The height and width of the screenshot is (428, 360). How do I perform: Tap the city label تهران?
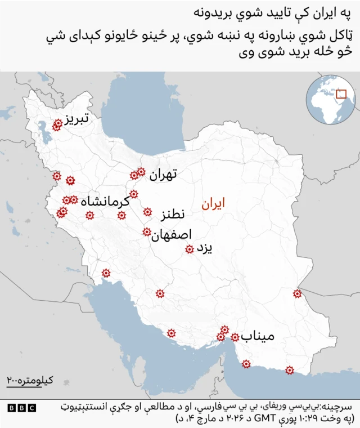[164, 175]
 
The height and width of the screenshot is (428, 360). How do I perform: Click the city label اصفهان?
[172, 235]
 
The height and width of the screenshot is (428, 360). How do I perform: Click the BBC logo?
[21, 408]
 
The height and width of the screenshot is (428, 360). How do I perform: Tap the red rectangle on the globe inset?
[341, 95]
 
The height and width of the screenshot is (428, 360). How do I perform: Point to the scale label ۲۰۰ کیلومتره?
[29, 381]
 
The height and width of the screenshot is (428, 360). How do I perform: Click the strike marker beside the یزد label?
[190, 249]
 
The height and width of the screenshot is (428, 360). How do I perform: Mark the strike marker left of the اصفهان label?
[147, 232]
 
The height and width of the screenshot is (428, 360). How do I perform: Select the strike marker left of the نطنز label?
[147, 212]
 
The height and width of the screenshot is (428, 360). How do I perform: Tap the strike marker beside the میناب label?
[235, 337]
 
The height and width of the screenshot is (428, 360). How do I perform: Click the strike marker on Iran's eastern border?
[297, 293]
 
